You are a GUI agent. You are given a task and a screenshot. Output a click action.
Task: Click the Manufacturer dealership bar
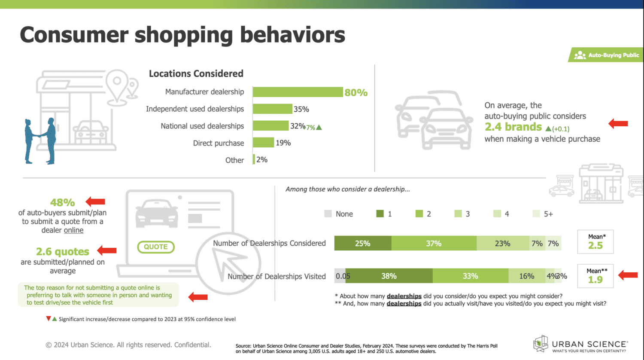298,92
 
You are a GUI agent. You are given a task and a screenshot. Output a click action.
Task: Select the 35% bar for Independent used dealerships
272,109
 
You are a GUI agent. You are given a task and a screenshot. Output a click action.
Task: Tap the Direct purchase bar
263,143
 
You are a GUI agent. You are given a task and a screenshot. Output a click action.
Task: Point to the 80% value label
356,93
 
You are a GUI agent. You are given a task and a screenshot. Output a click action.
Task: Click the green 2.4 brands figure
513,127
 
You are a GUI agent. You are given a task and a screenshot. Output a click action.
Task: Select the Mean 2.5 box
595,242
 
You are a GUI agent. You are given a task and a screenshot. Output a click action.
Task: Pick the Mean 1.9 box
595,276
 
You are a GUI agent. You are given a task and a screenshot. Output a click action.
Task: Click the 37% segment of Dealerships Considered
434,244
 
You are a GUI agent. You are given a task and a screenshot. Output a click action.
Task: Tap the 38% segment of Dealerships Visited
389,276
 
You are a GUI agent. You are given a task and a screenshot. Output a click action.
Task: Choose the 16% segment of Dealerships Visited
526,276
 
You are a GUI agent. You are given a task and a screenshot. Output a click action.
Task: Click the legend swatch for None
328,214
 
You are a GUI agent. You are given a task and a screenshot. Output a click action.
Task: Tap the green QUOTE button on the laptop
156,247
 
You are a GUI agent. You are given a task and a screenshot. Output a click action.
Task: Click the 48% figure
63,202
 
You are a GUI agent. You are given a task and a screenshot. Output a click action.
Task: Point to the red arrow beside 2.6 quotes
107,250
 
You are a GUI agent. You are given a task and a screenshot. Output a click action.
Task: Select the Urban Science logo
580,345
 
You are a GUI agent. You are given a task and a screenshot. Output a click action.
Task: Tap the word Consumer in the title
74,35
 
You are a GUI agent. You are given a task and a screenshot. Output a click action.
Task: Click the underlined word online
74,230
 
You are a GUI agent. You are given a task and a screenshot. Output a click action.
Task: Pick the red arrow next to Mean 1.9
628,275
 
